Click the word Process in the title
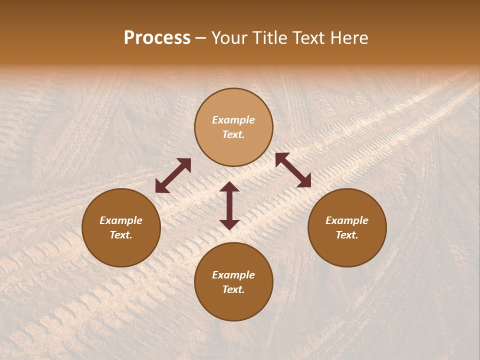pos(157,38)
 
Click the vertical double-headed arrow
pos(229,205)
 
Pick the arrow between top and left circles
pos(173,175)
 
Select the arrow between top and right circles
pos(293,170)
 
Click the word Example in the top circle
pos(233,120)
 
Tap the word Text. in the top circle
pos(233,134)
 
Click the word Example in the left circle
pos(121,220)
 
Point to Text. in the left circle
pos(121,235)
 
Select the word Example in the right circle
pos(347,220)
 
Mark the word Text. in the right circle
pos(347,235)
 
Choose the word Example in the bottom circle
pos(233,275)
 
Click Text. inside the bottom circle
pos(233,289)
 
